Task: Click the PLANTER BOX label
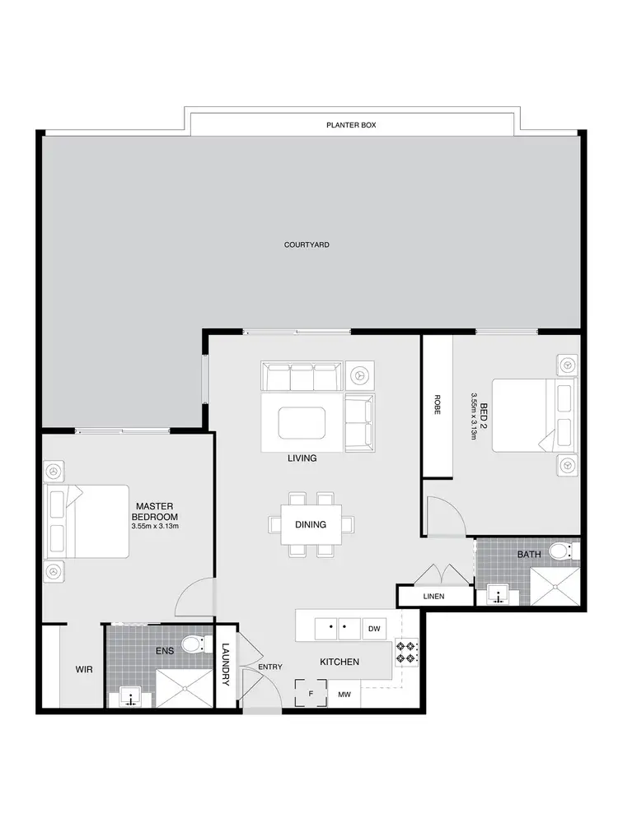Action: pyautogui.click(x=351, y=126)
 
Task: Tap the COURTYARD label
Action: pyautogui.click(x=307, y=244)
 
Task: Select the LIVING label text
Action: pyautogui.click(x=302, y=458)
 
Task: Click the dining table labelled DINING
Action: pyautogui.click(x=311, y=524)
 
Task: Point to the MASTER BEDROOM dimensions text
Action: pyautogui.click(x=155, y=526)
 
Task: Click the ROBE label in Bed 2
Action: pyautogui.click(x=437, y=406)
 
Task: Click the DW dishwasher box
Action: pyautogui.click(x=373, y=628)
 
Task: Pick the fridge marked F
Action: pyautogui.click(x=311, y=694)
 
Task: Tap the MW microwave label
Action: pyautogui.click(x=344, y=695)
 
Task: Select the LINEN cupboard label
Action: pyautogui.click(x=433, y=595)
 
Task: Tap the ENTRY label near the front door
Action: pyautogui.click(x=269, y=667)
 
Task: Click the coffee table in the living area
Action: pyautogui.click(x=302, y=423)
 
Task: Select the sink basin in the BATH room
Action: pyautogui.click(x=498, y=593)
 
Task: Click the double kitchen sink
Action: pyautogui.click(x=339, y=629)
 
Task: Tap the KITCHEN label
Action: pyautogui.click(x=339, y=662)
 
